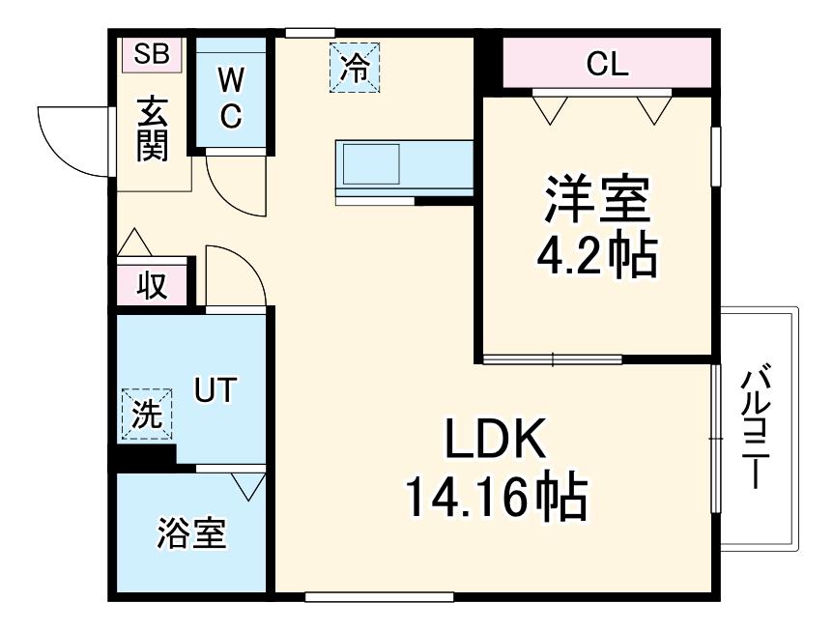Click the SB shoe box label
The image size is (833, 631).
click(152, 54)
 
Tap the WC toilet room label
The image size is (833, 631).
click(231, 99)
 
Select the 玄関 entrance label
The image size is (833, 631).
click(153, 129)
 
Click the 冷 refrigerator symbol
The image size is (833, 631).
click(355, 68)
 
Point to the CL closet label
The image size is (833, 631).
click(607, 65)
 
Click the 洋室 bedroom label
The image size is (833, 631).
click(597, 199)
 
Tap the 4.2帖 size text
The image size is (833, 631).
click(597, 256)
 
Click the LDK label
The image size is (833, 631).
click(496, 439)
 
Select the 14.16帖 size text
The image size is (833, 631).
click(497, 497)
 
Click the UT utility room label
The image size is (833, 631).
click(215, 389)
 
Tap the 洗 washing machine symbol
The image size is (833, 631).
click(147, 415)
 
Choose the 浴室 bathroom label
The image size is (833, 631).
click(191, 533)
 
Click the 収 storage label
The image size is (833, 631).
click(153, 286)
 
